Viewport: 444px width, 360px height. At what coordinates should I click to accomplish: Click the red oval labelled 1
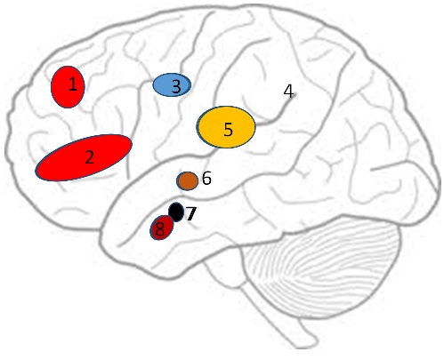click(68, 87)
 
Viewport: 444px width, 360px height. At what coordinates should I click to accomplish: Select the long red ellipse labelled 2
click(84, 157)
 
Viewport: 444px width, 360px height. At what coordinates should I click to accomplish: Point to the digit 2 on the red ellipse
click(89, 156)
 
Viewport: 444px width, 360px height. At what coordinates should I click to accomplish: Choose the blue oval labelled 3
click(172, 85)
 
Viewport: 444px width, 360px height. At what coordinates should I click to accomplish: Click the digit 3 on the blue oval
click(176, 86)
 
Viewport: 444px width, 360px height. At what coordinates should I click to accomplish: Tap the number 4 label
click(288, 91)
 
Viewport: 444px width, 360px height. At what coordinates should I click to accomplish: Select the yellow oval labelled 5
click(226, 127)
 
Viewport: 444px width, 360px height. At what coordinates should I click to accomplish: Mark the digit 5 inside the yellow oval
click(228, 129)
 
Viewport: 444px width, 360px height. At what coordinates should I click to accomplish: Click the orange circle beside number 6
click(188, 180)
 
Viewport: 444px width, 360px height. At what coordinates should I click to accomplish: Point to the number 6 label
click(206, 178)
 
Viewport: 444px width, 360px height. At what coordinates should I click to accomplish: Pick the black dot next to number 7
click(176, 212)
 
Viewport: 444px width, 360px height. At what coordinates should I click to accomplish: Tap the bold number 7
click(191, 213)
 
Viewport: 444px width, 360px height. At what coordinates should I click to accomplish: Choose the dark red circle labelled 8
click(161, 228)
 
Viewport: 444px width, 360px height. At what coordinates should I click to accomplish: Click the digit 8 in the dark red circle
click(160, 228)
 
